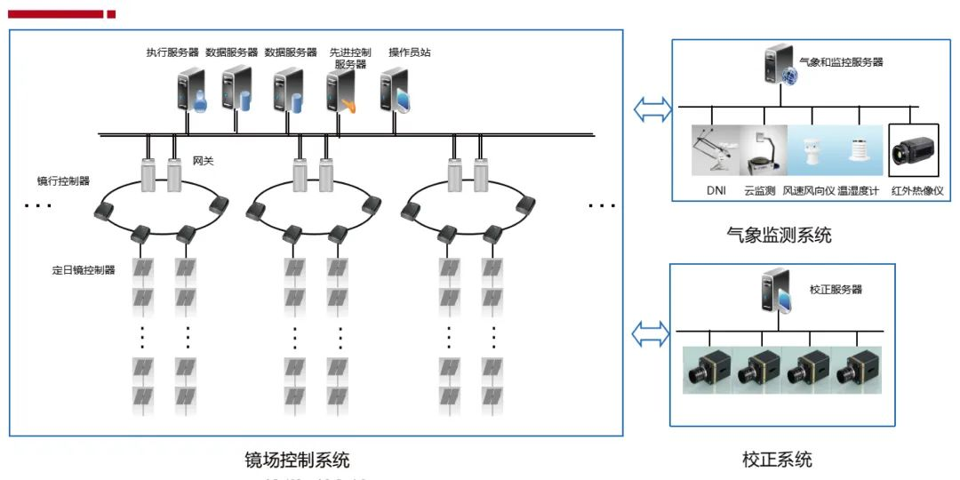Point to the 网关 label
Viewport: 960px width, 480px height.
coord(203,162)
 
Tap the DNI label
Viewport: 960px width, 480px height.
coord(716,190)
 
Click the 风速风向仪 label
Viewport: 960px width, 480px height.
coord(809,190)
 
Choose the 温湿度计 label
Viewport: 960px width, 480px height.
coord(858,190)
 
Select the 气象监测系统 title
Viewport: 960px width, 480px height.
coord(779,236)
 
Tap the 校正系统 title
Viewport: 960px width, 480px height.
coord(777,460)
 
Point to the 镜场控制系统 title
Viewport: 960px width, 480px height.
coord(297,460)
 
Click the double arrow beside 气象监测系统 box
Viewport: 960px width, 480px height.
coord(651,108)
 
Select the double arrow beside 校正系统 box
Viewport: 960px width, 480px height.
coord(649,335)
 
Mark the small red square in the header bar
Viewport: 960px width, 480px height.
coord(111,14)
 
